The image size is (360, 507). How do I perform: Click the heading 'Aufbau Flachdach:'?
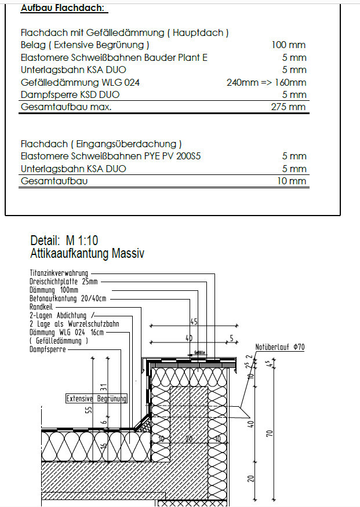coord(64,9)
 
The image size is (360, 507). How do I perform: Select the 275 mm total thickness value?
coord(288,107)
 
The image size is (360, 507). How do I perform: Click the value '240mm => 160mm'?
coord(266,82)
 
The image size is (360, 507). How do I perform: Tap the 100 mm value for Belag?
coord(288,45)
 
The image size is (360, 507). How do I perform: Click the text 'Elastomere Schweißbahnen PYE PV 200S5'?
coord(111,156)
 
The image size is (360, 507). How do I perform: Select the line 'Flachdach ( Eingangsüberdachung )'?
coord(101,144)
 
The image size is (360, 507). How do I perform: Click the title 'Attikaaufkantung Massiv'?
coord(87,253)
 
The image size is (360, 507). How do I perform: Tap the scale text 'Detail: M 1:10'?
coord(63,241)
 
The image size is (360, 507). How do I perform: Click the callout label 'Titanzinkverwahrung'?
coord(59,272)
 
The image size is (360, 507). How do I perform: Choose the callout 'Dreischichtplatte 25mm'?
coord(64,281)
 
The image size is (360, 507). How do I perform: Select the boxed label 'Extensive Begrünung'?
coord(96,399)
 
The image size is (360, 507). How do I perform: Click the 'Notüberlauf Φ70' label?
coord(280,347)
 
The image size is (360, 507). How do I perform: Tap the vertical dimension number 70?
coord(270,433)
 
